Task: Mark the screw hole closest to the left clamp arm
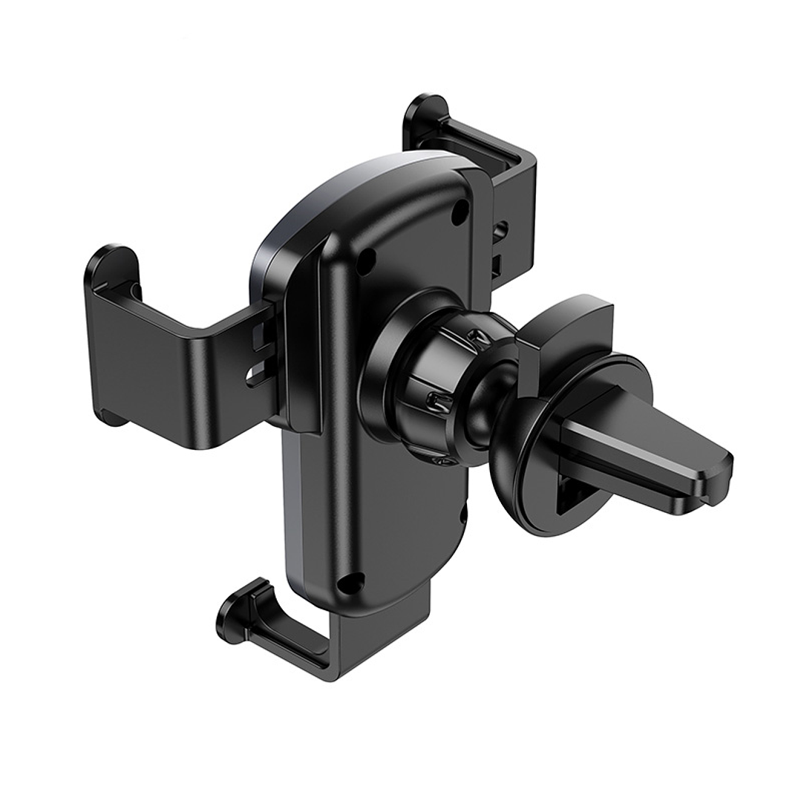click(366, 259)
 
